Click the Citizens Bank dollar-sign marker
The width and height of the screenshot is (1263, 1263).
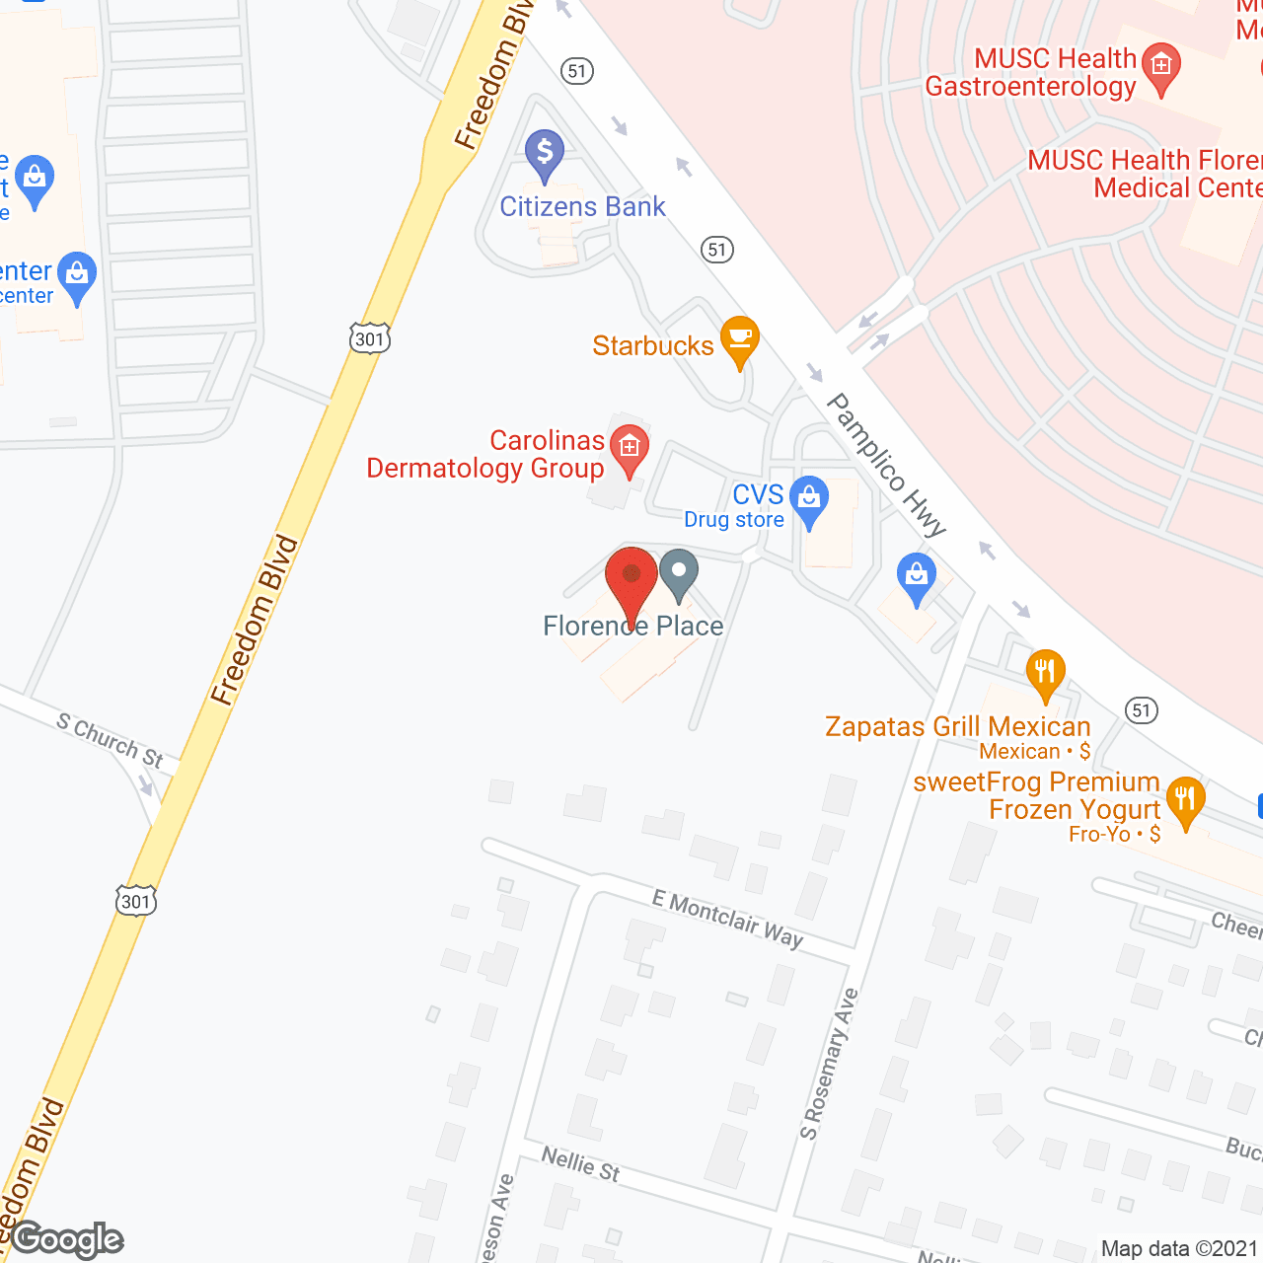tap(544, 155)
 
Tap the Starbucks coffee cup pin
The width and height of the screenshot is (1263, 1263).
tap(739, 339)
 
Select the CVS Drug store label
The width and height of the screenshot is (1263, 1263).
tap(735, 506)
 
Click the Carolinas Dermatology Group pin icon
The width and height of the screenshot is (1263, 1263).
tap(629, 449)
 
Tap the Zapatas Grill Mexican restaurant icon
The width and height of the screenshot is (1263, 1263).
tap(1044, 673)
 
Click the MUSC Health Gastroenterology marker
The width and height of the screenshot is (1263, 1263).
tap(1160, 68)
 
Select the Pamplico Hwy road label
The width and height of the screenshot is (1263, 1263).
tap(886, 464)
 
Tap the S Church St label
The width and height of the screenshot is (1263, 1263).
tap(110, 740)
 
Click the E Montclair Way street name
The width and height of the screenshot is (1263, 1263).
tap(728, 919)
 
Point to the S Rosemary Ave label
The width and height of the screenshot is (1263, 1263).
tap(829, 1064)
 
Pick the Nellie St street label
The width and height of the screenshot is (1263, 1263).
tap(580, 1163)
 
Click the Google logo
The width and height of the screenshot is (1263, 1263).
tap(67, 1239)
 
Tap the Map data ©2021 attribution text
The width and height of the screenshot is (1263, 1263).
tap(1180, 1248)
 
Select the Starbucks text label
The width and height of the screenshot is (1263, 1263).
tap(652, 345)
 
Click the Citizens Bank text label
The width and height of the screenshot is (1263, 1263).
tap(582, 206)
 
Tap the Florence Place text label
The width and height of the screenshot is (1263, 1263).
tap(633, 626)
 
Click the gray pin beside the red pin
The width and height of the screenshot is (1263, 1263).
tap(679, 574)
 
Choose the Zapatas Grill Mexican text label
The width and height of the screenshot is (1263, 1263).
tap(957, 727)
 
